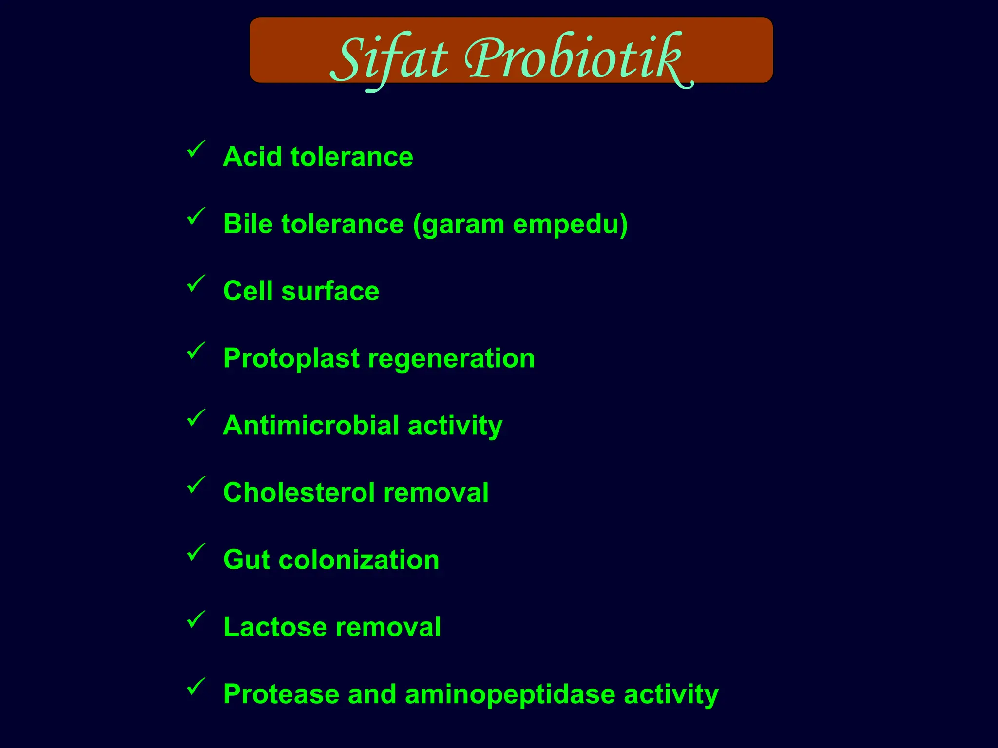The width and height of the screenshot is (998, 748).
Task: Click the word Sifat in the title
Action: pos(388,59)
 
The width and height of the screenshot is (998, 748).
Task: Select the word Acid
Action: pos(252,157)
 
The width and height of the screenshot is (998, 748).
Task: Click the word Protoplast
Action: pos(291,359)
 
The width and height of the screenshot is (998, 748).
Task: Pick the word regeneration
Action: pos(451,359)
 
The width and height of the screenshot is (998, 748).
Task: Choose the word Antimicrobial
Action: pos(310,425)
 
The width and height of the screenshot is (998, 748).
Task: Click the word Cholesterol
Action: pos(299,492)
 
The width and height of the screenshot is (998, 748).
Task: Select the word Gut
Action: pos(246,560)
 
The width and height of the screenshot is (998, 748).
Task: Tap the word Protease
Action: pos(281,694)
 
